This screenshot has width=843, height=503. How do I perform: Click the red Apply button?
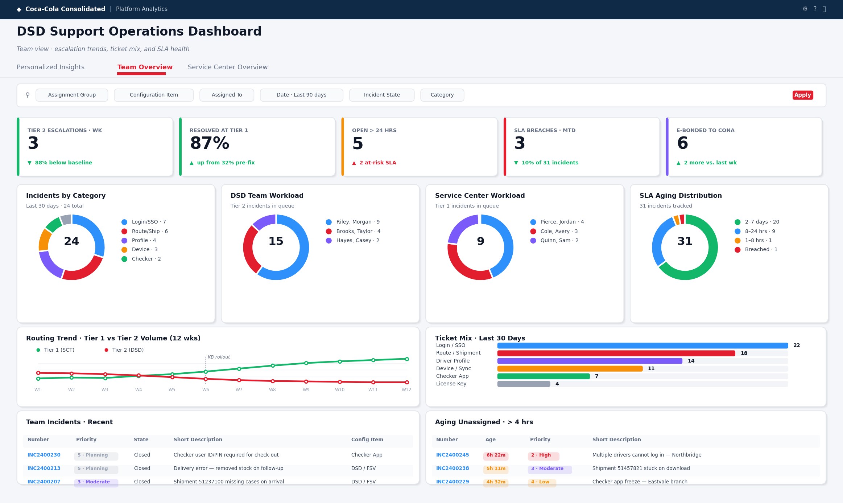[802, 95]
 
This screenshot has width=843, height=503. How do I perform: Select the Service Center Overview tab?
[228, 67]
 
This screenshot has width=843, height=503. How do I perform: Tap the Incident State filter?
[382, 95]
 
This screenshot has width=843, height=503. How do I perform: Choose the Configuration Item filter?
[154, 95]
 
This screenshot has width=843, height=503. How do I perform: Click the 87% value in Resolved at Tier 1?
[210, 143]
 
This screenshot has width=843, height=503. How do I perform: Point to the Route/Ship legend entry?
[144, 231]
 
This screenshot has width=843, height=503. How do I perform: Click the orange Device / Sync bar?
[570, 368]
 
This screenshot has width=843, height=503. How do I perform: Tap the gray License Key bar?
[524, 384]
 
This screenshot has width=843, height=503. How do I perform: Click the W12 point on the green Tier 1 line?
[407, 359]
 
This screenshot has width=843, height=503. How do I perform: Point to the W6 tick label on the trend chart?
[206, 390]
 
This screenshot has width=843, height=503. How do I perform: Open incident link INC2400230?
[44, 455]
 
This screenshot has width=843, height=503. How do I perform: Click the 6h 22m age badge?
[496, 455]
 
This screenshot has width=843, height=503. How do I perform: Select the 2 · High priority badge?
[543, 455]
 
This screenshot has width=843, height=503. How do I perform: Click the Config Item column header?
[367, 439]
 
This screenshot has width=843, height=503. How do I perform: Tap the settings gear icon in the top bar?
[805, 9]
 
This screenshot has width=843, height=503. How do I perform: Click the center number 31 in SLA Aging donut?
[685, 241]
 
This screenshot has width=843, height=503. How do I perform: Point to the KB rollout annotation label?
[219, 357]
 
